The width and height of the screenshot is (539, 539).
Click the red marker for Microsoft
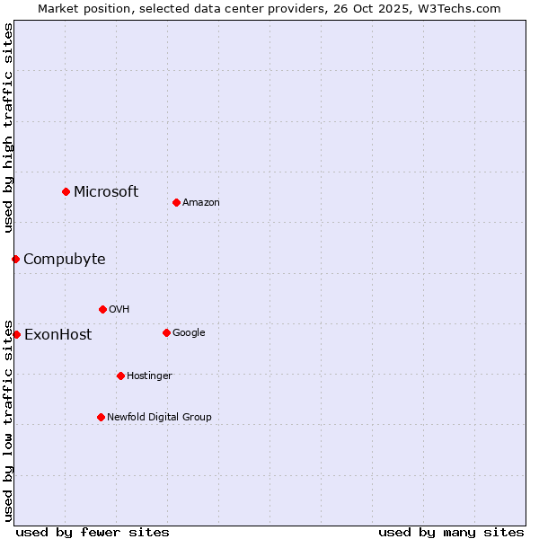(66, 191)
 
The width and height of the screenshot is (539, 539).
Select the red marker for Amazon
(176, 202)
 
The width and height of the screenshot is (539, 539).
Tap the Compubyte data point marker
(15, 259)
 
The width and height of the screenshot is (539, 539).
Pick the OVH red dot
(102, 309)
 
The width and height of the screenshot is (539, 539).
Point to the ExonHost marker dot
(16, 334)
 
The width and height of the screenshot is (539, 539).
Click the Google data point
(166, 332)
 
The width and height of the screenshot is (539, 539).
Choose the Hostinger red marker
(120, 376)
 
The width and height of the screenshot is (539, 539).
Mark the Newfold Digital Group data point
(101, 417)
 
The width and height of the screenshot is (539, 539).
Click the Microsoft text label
(106, 191)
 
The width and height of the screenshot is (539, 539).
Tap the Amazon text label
(201, 203)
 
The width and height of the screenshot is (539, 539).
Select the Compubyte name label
(64, 260)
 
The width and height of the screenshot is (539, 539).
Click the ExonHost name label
(57, 335)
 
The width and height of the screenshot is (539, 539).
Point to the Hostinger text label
(149, 376)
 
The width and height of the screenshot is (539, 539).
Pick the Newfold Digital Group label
(159, 417)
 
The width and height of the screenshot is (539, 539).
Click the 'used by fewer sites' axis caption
(93, 532)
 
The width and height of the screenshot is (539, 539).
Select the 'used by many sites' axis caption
(451, 532)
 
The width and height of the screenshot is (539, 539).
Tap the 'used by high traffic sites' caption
(9, 128)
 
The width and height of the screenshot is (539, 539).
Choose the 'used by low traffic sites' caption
(9, 420)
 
